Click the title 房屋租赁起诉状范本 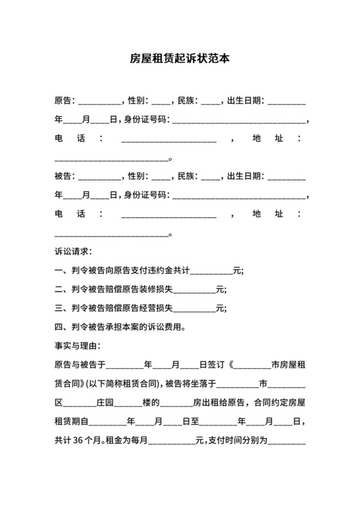click(x=179, y=58)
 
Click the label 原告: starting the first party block click(x=66, y=101)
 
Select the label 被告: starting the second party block click(x=66, y=175)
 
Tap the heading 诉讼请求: click(x=73, y=251)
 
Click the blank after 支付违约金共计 click(x=212, y=271)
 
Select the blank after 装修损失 click(x=195, y=289)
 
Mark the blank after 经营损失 click(x=195, y=308)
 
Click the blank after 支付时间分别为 click(x=290, y=442)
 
